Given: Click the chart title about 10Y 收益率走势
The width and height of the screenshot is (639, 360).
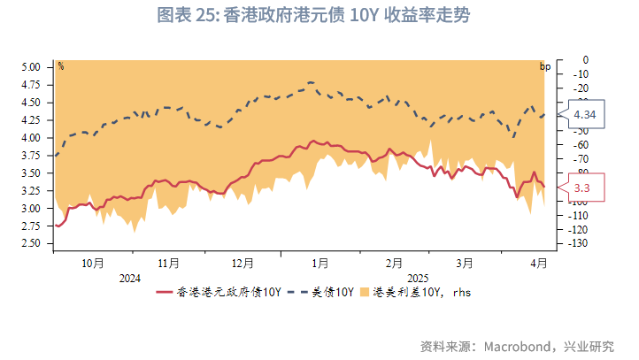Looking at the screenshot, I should tap(319, 16).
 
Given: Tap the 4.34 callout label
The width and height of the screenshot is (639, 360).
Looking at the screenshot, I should tap(584, 115).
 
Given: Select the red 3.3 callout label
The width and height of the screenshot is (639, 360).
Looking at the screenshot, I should tap(582, 188).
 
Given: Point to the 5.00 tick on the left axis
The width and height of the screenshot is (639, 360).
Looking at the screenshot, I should tap(30, 67).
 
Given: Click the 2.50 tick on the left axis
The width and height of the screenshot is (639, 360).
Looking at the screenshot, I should tap(30, 243).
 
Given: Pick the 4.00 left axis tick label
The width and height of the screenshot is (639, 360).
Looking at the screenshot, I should tap(30, 138).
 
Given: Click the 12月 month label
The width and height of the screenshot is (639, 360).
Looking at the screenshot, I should tap(243, 263).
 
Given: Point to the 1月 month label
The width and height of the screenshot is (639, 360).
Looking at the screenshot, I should tap(320, 263).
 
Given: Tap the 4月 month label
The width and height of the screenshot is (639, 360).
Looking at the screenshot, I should tap(538, 263).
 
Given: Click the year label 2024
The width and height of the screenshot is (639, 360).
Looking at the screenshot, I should tap(129, 278).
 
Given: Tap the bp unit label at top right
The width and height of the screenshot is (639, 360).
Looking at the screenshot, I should tap(545, 66).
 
